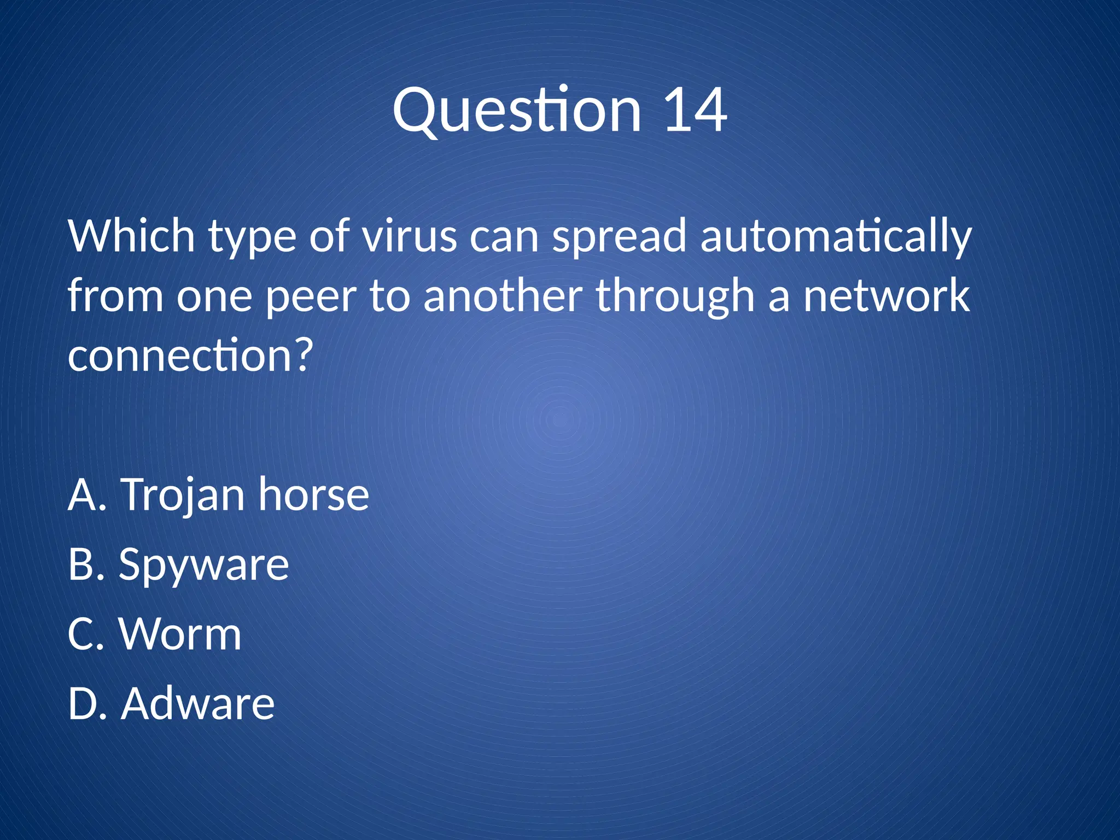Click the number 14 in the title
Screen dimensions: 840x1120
click(x=695, y=111)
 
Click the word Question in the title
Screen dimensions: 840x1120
click(x=517, y=111)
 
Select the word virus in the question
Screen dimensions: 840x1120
click(x=410, y=236)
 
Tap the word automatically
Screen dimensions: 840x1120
click(x=836, y=236)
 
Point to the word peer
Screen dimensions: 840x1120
click(x=310, y=296)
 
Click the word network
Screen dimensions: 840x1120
click(x=886, y=296)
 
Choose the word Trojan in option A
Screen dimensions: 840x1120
click(x=183, y=495)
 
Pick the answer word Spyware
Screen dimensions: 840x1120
click(x=204, y=565)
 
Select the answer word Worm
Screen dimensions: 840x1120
click(x=180, y=634)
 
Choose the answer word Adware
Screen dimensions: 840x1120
click(x=198, y=704)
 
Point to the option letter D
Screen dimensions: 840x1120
click(x=82, y=704)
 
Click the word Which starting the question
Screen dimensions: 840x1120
click(x=131, y=236)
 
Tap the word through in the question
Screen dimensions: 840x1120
click(x=675, y=296)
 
